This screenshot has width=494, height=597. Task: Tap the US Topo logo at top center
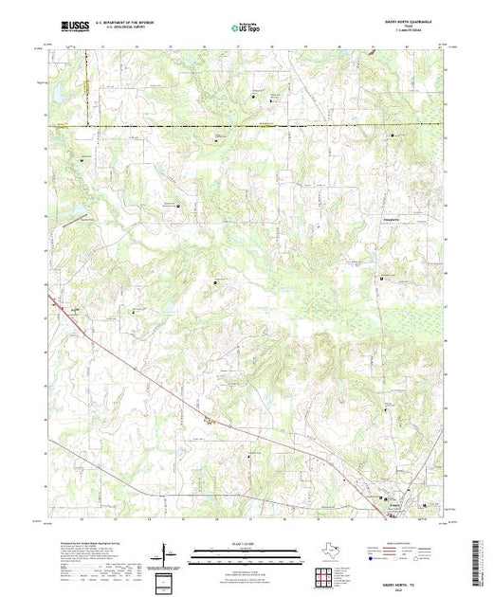246,29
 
